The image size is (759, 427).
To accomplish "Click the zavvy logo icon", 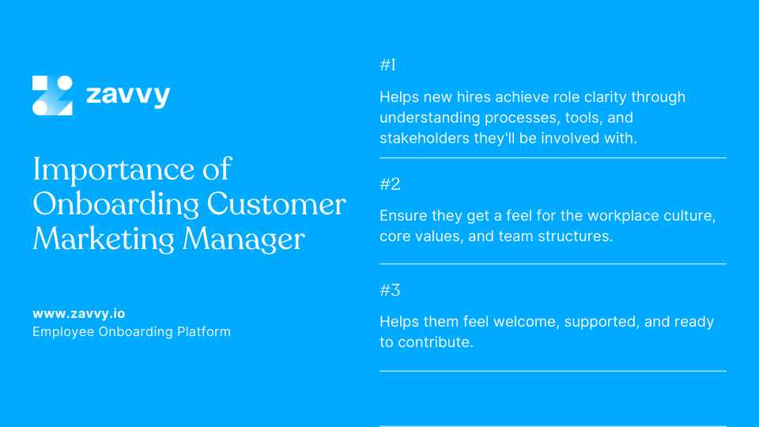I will pyautogui.click(x=52, y=96).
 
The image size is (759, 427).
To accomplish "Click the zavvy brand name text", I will pyautogui.click(x=127, y=96).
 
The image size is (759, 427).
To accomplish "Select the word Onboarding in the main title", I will pyautogui.click(x=115, y=204).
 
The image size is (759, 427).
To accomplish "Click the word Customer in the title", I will pyautogui.click(x=277, y=204).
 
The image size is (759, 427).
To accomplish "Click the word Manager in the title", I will pyautogui.click(x=245, y=239).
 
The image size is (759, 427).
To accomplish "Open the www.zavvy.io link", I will pyautogui.click(x=78, y=313).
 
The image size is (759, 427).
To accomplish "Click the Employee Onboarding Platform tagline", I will pyautogui.click(x=131, y=332).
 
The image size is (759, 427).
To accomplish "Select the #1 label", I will pyautogui.click(x=388, y=66).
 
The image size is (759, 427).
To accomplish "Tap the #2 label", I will pyautogui.click(x=390, y=184).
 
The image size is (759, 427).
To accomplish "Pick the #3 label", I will pyautogui.click(x=390, y=290).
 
